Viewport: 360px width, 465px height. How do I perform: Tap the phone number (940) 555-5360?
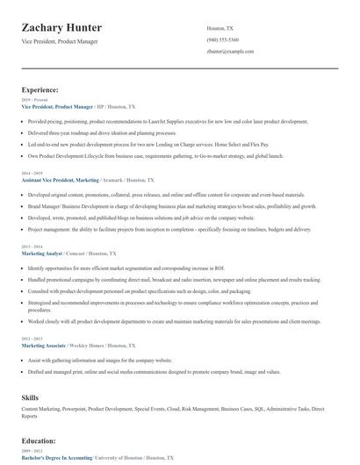click(223, 40)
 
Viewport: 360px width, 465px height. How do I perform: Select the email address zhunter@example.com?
click(230, 52)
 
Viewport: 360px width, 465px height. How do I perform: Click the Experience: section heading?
click(40, 89)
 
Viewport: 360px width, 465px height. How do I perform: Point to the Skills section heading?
click(31, 397)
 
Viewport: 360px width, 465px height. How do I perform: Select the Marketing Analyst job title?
click(42, 253)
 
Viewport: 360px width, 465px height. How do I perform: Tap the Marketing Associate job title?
click(45, 346)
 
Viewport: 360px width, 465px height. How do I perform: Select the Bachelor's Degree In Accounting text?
click(58, 458)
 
